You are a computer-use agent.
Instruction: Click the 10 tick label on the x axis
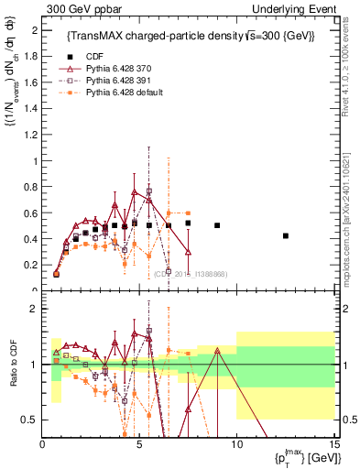236,444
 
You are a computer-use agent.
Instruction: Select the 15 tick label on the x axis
333,444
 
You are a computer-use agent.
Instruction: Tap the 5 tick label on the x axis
139,444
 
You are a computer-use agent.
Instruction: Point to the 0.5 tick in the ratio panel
31,420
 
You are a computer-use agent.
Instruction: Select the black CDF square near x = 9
217,225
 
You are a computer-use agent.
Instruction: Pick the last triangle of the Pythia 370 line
188,252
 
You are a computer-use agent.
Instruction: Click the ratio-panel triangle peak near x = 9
217,350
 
